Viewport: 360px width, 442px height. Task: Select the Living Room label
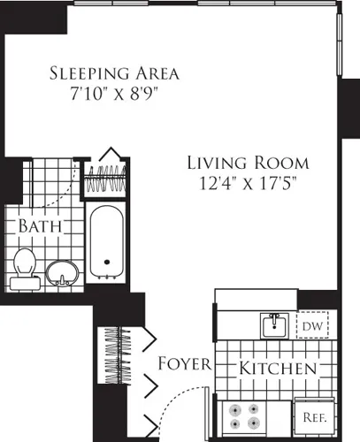[249, 163]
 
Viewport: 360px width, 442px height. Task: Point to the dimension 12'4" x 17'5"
[249, 184]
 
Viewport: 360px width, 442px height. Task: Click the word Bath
[41, 226]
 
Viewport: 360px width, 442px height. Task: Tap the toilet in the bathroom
[24, 268]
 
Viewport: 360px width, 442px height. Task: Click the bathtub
[108, 240]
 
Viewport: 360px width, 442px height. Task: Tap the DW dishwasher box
[310, 327]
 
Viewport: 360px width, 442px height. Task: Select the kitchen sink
[273, 326]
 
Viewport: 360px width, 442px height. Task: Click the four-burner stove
[243, 415]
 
